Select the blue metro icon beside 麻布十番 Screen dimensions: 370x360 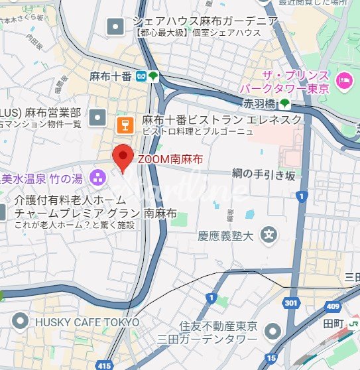(141, 76)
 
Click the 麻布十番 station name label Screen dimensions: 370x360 (111, 76)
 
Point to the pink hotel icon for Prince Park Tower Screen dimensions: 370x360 (342, 80)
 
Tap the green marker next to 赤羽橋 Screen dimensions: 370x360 (284, 103)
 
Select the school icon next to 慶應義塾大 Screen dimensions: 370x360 (269, 234)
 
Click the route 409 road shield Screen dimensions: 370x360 (332, 306)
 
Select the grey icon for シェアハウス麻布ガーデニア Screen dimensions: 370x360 (115, 27)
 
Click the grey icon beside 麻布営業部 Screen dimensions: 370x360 (98, 117)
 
